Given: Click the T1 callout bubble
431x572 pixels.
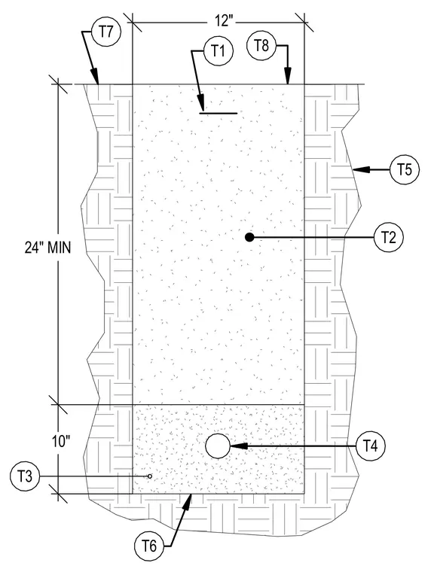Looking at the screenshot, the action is (219, 51).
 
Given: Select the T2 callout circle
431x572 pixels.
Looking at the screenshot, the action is (389, 238).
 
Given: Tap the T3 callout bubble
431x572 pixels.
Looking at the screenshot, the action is (25, 476).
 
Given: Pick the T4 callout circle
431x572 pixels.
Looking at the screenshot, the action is (371, 446).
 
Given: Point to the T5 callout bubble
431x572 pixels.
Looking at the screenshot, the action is (405, 169).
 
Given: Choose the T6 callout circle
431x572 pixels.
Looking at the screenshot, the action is (148, 546).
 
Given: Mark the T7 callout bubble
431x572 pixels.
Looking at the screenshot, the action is (106, 32).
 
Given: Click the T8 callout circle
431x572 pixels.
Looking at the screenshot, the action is (261, 46).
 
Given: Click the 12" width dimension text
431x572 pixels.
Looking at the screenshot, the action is (222, 21).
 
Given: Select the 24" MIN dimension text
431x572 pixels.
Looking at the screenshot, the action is (47, 248).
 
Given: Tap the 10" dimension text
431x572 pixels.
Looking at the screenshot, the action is (60, 442).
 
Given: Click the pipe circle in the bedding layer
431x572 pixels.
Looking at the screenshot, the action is (218, 446).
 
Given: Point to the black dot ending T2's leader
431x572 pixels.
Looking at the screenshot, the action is (249, 238).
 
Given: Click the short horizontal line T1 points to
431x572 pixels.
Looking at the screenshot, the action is (218, 113).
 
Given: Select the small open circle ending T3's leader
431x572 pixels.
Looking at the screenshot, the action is (150, 476).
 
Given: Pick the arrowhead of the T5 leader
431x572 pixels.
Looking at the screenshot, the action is (361, 169).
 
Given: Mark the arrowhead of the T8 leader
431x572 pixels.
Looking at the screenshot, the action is (288, 76).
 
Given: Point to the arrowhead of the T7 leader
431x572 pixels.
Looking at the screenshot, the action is (96, 77).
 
